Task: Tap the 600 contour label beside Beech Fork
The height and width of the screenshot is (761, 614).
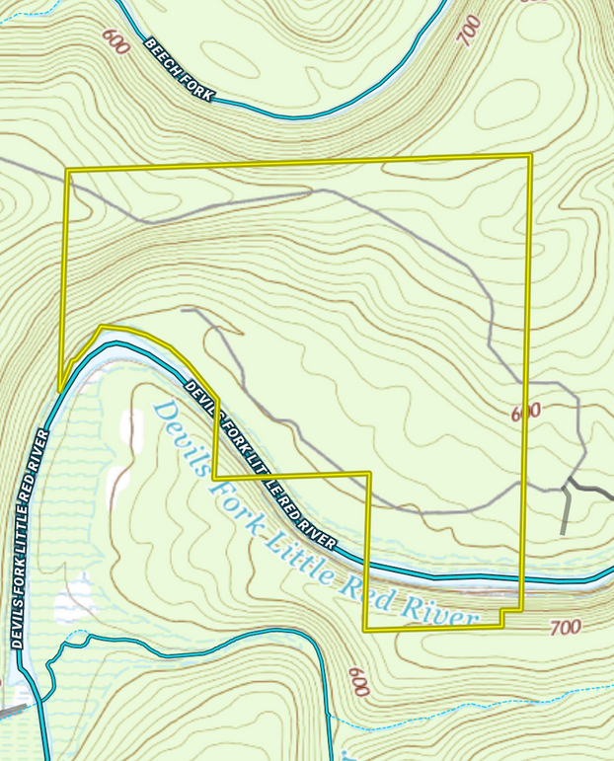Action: click(115, 41)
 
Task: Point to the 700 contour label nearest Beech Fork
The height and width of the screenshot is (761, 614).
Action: click(469, 31)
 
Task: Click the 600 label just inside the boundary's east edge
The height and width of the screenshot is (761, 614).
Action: click(525, 412)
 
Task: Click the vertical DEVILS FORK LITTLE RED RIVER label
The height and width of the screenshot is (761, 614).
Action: click(30, 538)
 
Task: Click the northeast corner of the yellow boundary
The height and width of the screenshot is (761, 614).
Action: click(531, 156)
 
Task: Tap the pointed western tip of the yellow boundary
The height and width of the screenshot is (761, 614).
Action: click(59, 390)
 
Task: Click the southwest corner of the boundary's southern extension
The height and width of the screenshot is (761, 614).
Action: click(364, 630)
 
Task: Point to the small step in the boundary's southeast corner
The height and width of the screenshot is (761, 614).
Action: click(501, 612)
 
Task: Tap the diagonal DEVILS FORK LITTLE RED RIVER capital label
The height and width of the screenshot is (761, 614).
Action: click(260, 465)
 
